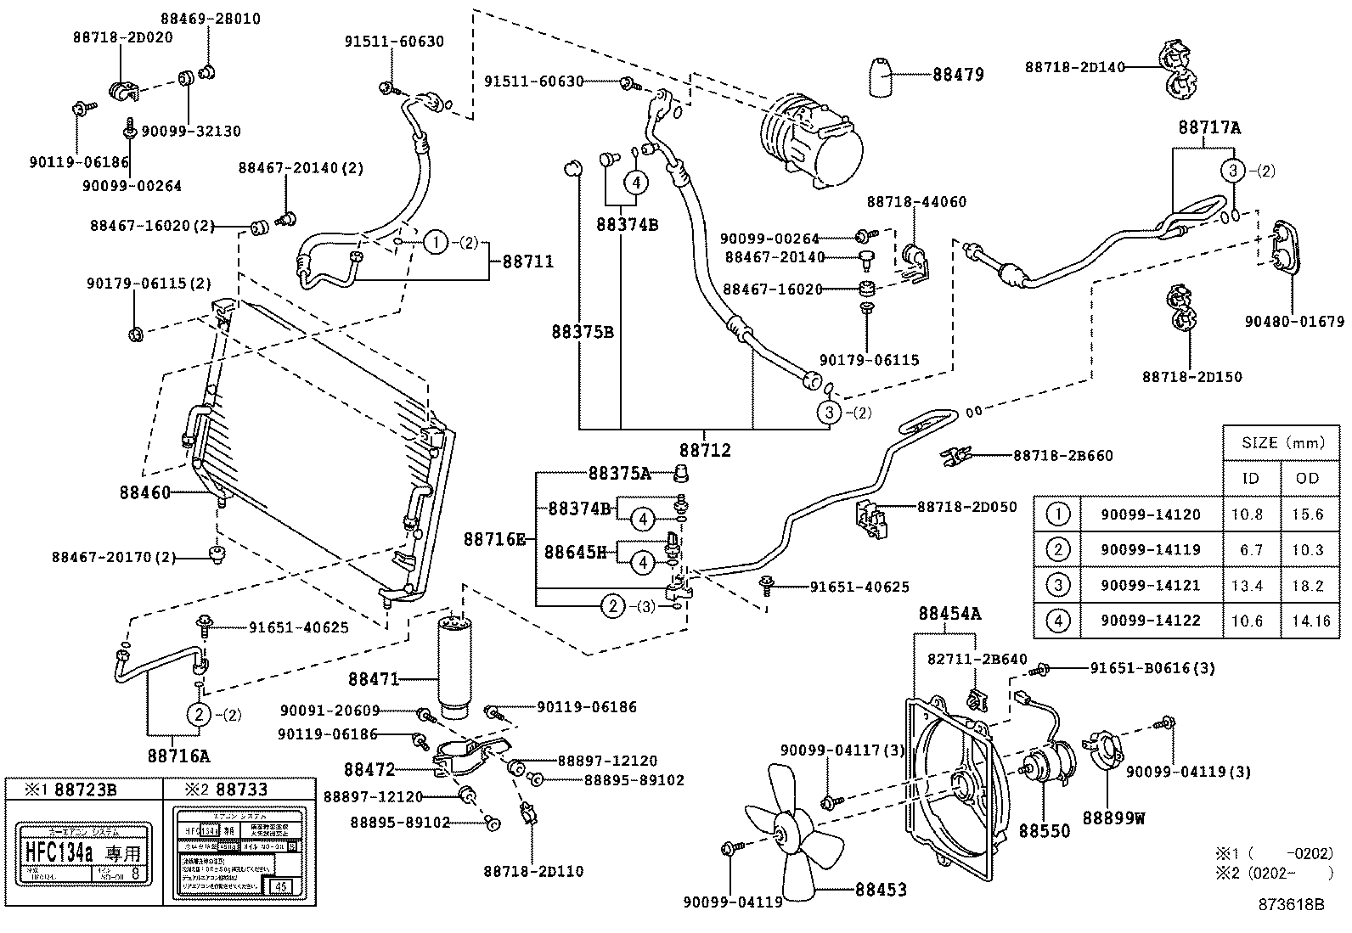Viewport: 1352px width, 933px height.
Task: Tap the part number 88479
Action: pyautogui.click(x=958, y=75)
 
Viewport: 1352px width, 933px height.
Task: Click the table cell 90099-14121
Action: pyautogui.click(x=1150, y=585)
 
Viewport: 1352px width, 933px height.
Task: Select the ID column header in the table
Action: pyautogui.click(x=1250, y=478)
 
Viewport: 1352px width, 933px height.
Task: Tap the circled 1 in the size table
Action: pyautogui.click(x=1057, y=514)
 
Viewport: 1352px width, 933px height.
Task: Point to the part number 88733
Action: pyautogui.click(x=241, y=789)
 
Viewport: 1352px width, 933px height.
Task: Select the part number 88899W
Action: pyautogui.click(x=1113, y=818)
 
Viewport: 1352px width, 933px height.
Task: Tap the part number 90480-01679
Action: pyautogui.click(x=1294, y=322)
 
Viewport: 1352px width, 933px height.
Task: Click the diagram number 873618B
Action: pyautogui.click(x=1291, y=904)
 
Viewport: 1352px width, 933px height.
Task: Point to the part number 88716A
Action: pyautogui.click(x=177, y=755)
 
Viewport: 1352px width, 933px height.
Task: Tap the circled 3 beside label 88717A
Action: pyautogui.click(x=1233, y=171)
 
